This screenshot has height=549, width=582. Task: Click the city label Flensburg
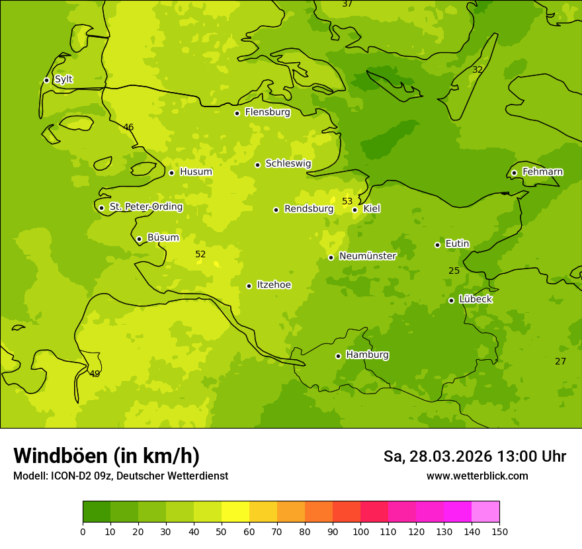click(x=267, y=112)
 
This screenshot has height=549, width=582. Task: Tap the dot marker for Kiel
click(x=354, y=210)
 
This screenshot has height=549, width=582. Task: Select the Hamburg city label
click(x=367, y=355)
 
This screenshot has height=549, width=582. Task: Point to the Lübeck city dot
click(x=451, y=300)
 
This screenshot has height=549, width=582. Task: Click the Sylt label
click(x=63, y=79)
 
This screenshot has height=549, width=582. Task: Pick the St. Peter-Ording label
click(x=145, y=207)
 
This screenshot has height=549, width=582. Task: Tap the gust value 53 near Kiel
click(x=347, y=201)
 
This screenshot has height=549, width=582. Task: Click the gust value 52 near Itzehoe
click(x=200, y=254)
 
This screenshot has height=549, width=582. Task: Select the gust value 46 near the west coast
click(x=128, y=127)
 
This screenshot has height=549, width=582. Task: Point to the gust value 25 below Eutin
click(x=454, y=271)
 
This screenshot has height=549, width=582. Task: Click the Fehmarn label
click(x=542, y=172)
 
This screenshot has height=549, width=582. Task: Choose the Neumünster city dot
click(x=331, y=257)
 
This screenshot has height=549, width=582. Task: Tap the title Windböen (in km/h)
click(x=106, y=456)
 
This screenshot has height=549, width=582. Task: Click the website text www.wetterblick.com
click(x=477, y=476)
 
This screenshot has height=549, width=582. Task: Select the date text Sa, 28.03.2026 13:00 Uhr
click(x=474, y=456)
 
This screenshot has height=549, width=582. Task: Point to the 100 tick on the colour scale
click(x=360, y=531)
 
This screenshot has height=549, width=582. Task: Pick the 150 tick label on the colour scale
click(x=499, y=531)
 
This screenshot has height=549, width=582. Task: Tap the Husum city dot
click(x=171, y=173)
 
